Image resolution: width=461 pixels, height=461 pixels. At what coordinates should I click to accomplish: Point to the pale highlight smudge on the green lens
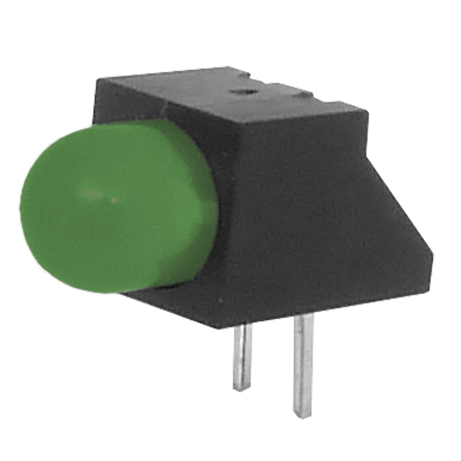coord(93,193)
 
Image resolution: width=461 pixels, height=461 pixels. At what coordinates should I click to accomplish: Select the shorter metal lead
coord(242,355)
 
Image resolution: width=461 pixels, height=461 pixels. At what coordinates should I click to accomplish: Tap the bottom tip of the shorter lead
coord(241,388)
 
